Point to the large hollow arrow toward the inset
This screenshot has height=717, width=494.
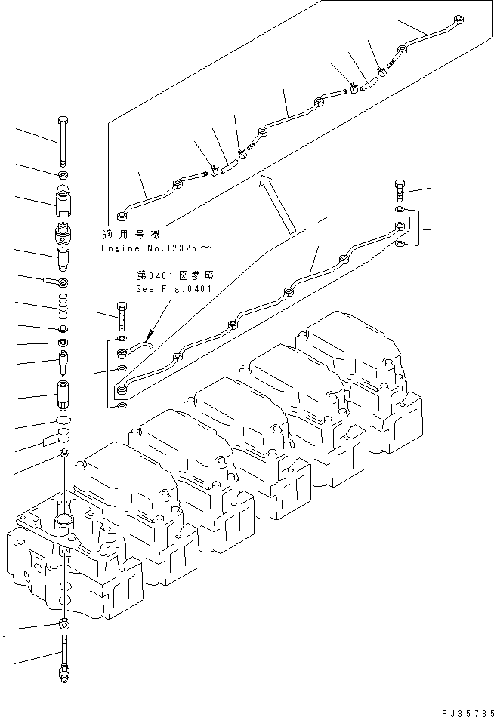pos(276,203)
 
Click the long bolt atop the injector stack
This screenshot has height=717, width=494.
pos(63,140)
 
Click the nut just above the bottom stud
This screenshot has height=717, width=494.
pos(63,623)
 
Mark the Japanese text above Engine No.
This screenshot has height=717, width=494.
pos(133,235)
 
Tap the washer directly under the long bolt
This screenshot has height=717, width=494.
pos(63,177)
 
